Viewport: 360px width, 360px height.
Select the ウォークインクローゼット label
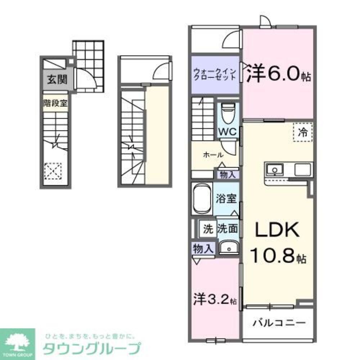[215, 74]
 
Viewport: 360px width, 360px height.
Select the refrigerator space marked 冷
[303, 132]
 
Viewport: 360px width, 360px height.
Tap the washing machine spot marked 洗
[208, 228]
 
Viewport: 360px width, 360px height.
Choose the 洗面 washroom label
[228, 228]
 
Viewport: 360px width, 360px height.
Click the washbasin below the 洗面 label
[228, 247]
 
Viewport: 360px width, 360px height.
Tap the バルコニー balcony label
[279, 322]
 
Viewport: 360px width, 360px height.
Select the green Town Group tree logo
[17, 342]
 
